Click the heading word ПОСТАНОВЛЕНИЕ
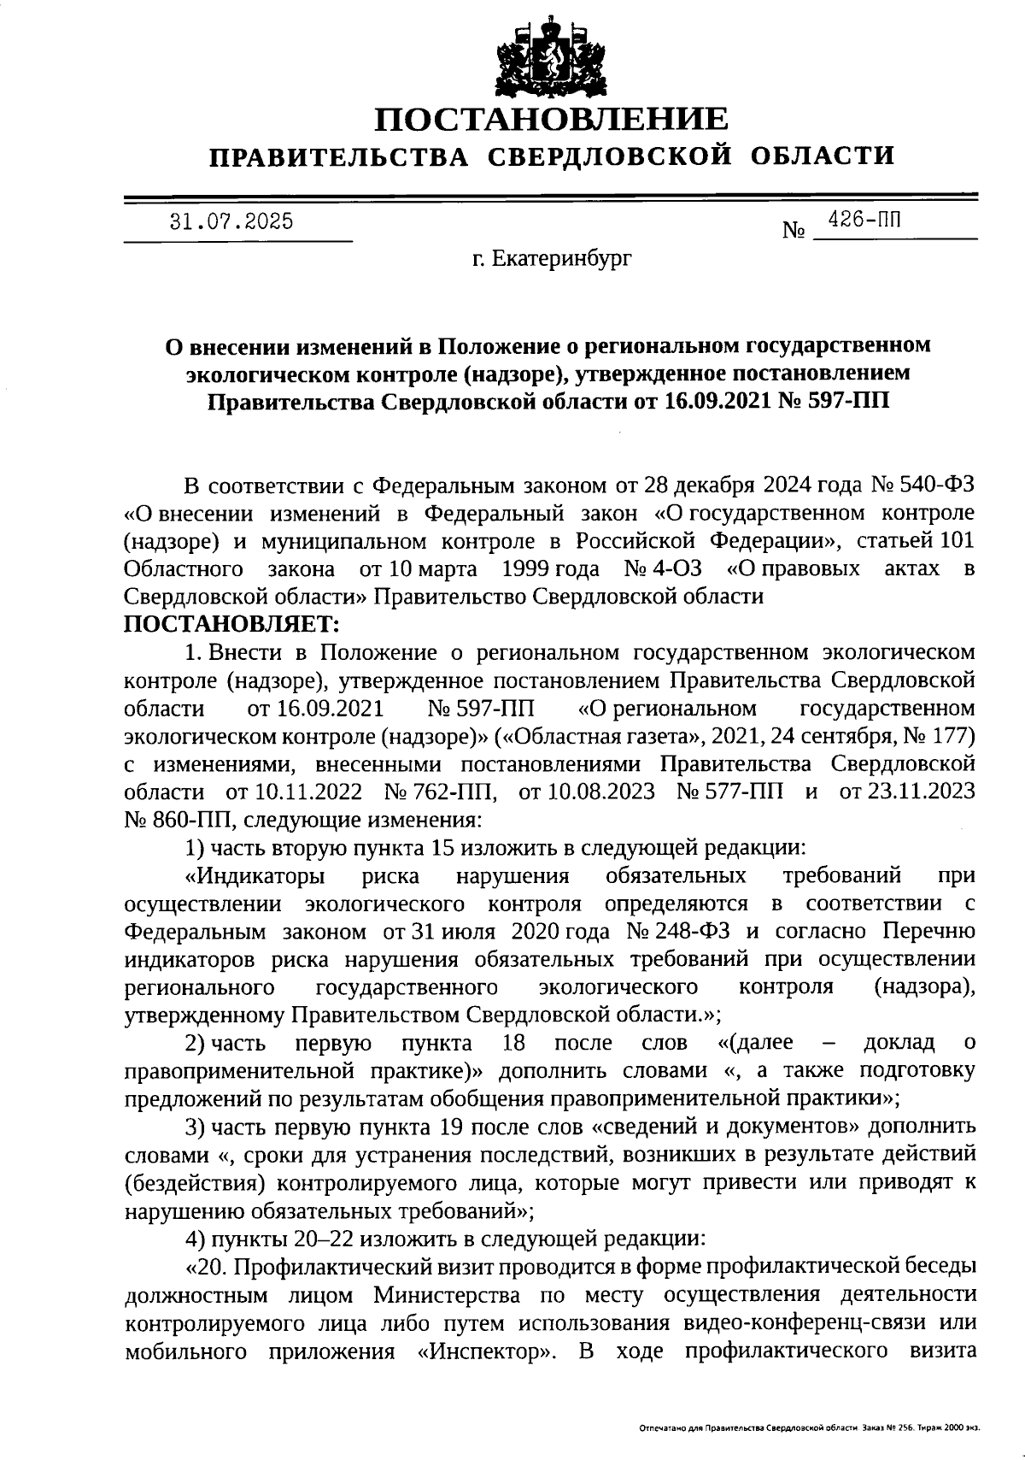tap(553, 119)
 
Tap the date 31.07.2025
tap(231, 221)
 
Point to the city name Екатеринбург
tap(563, 256)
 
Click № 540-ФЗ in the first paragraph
tap(922, 486)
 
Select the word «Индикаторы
tap(254, 874)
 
